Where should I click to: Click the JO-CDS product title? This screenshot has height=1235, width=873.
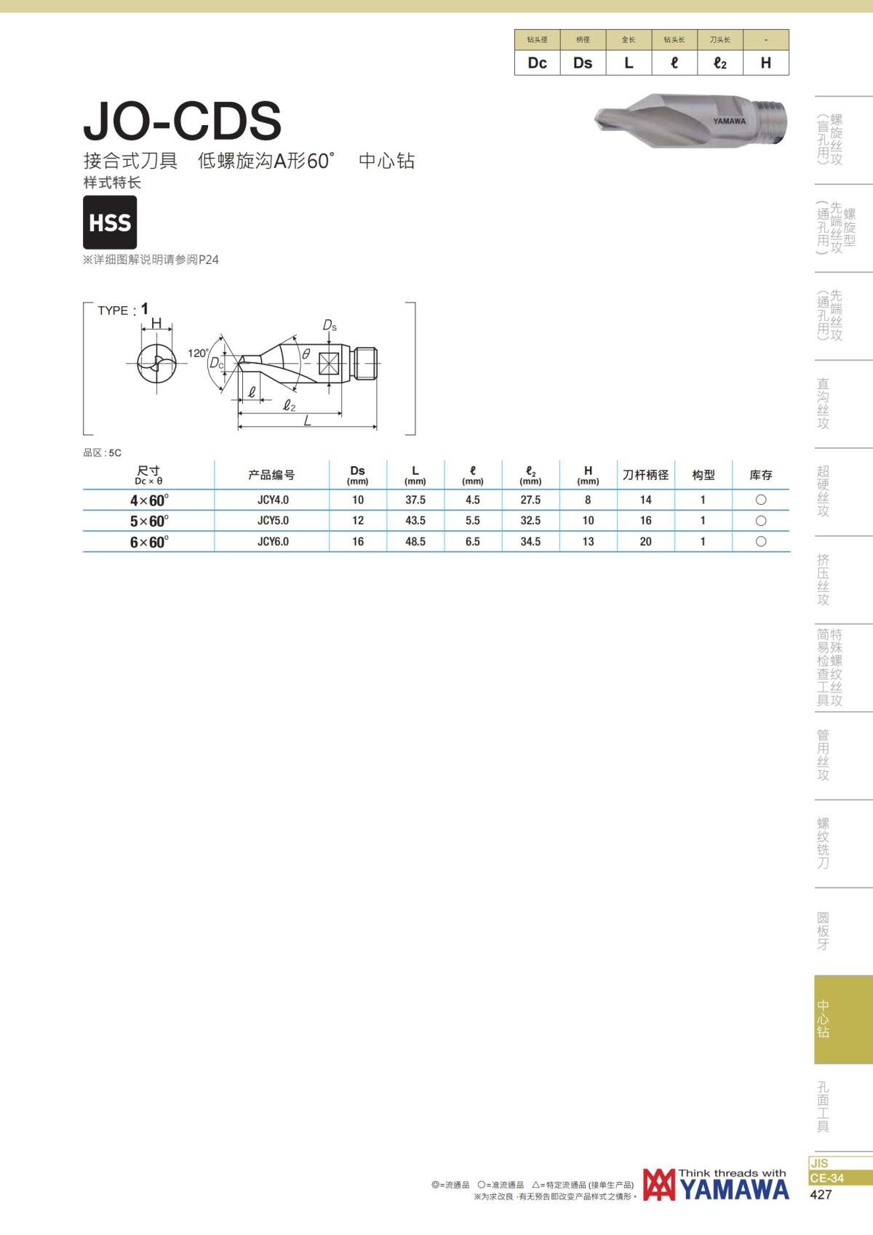(182, 121)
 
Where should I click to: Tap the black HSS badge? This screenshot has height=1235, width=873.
(110, 222)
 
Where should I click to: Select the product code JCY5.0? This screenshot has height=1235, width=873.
(273, 521)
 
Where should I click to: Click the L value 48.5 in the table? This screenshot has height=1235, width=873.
(415, 541)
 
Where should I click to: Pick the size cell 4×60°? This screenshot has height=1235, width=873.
(149, 500)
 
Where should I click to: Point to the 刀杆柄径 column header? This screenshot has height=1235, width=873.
(645, 475)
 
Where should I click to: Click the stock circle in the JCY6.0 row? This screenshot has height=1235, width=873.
(761, 541)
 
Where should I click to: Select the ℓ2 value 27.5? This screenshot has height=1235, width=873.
(530, 500)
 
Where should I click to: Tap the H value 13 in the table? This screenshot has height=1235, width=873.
(588, 541)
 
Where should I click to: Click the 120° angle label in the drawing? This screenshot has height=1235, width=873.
(198, 353)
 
